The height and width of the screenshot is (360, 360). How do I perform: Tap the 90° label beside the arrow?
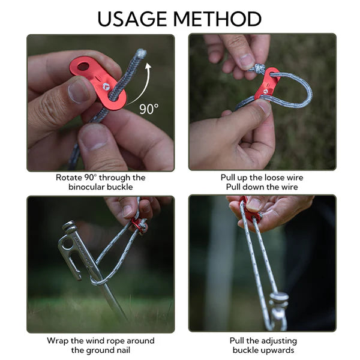coord(149,109)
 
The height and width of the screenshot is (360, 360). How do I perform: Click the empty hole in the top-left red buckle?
coord(83,66)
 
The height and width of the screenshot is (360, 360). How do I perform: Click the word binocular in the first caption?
coord(89,187)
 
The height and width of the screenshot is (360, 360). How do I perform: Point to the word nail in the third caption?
coord(119,350)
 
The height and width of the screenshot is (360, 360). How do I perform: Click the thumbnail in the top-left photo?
coord(78,91)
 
